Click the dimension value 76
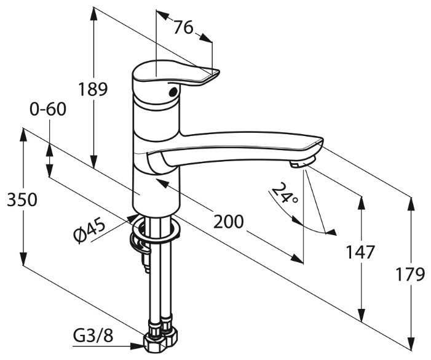(183, 28)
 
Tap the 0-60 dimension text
(47, 110)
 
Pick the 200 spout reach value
(228, 222)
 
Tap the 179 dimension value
(410, 274)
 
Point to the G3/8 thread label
(93, 336)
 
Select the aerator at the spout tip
(301, 164)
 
